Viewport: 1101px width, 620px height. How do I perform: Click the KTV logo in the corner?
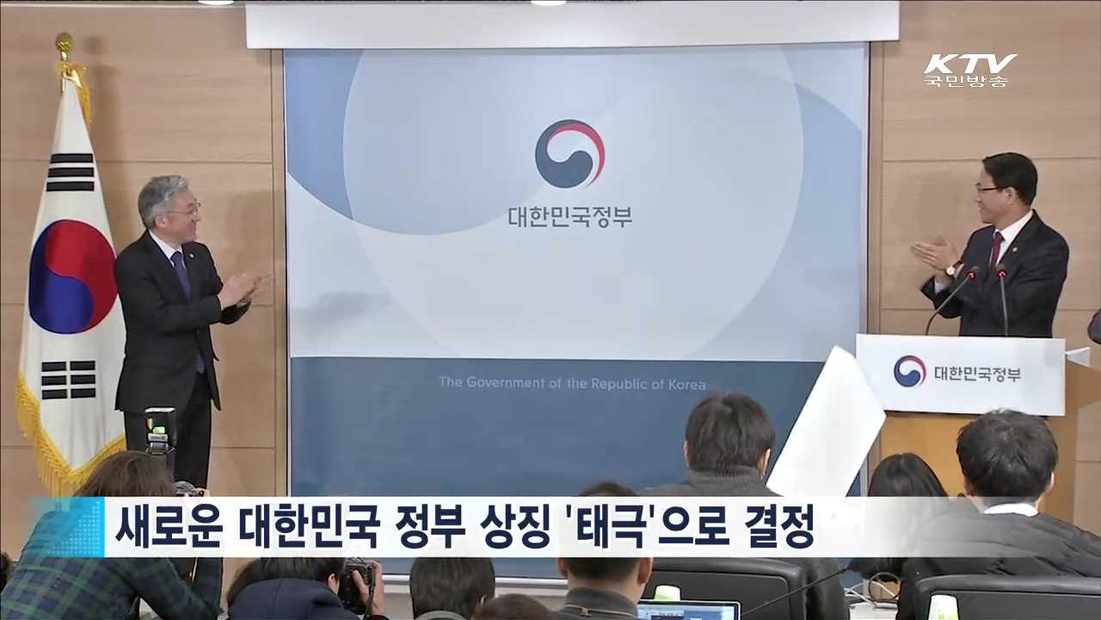(x=970, y=64)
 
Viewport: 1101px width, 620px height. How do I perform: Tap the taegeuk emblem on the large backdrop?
(x=569, y=153)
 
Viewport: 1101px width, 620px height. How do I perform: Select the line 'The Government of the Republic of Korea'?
(x=572, y=382)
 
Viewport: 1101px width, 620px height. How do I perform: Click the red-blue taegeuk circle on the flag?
(x=73, y=276)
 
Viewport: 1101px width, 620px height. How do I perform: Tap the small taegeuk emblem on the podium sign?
(x=909, y=371)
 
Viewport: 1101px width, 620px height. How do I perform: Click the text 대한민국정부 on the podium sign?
(x=977, y=372)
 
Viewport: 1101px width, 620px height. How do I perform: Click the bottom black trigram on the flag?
(x=69, y=380)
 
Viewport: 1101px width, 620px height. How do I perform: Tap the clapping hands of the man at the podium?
(x=934, y=257)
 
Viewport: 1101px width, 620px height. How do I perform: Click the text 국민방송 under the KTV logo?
(x=966, y=81)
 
